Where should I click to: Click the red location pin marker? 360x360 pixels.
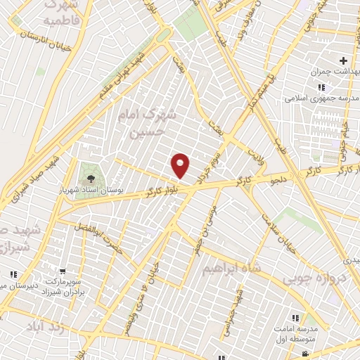click(181, 165)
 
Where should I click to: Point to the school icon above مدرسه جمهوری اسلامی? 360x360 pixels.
click(321, 87)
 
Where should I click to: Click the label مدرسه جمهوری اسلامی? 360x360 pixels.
click(316, 100)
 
